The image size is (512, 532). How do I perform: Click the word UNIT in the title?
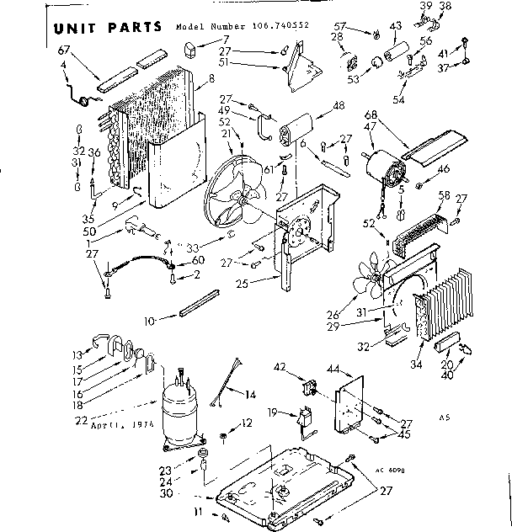point(81,27)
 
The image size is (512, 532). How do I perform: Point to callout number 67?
point(63,51)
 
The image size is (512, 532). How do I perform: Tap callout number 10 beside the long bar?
point(148,321)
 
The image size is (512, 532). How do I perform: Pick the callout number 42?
point(280,366)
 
